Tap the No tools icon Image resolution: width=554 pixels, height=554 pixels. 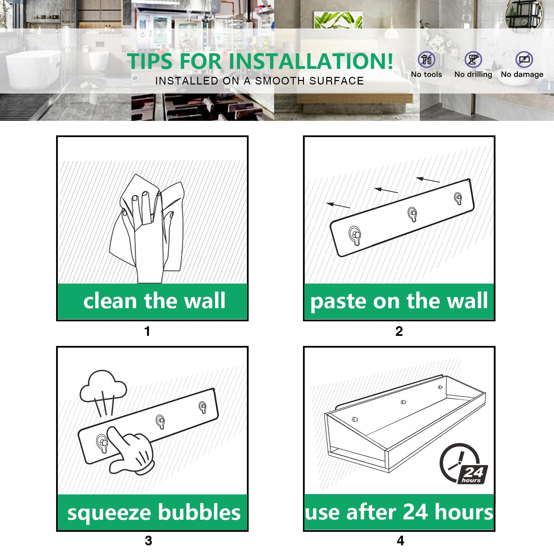[426, 60]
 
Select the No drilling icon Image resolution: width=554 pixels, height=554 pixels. [473, 60]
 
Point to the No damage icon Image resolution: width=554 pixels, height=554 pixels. [524, 60]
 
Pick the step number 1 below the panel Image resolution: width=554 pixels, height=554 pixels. [147, 331]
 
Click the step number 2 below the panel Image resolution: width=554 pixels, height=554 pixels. [399, 331]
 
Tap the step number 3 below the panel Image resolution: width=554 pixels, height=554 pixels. [148, 540]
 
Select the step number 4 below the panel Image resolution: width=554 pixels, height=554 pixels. [400, 540]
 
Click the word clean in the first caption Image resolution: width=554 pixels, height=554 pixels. [110, 301]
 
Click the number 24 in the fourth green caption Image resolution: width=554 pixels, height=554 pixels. [415, 512]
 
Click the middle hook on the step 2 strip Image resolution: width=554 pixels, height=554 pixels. [412, 214]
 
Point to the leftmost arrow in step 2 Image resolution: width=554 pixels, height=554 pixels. [338, 205]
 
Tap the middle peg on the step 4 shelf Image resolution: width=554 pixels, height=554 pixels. [403, 402]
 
